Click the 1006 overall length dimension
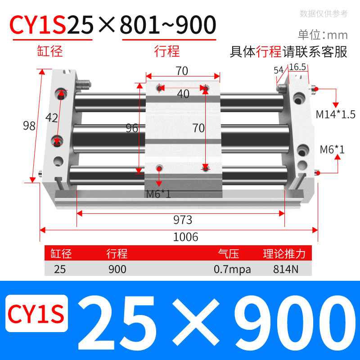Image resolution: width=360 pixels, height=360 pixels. pyautogui.click(x=186, y=237)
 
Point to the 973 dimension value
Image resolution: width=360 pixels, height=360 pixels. pyautogui.click(x=183, y=220)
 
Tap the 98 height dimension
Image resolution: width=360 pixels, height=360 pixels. pyautogui.click(x=29, y=126)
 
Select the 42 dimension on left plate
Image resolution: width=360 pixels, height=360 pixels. pyautogui.click(x=52, y=118)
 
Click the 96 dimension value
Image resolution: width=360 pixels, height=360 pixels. pyautogui.click(x=132, y=128)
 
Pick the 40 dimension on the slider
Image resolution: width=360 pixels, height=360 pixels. pyautogui.click(x=183, y=94)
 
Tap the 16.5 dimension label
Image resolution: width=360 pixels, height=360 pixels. pyautogui.click(x=297, y=67)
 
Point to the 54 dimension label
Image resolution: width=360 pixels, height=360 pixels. pyautogui.click(x=278, y=70)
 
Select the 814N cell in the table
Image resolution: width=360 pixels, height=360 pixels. pyautogui.click(x=284, y=269)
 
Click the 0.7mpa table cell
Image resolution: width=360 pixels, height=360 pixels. pyautogui.click(x=232, y=269)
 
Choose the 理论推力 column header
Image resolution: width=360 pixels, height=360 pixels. pyautogui.click(x=284, y=254)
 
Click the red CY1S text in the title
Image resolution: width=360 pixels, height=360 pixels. pyautogui.click(x=38, y=25)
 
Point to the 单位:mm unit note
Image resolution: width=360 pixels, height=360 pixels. pyautogui.click(x=323, y=35)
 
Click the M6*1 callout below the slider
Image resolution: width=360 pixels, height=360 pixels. pyautogui.click(x=158, y=194)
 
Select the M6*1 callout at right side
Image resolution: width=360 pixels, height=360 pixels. pyautogui.click(x=332, y=149)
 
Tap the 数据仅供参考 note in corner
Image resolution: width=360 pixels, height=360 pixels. pyautogui.click(x=324, y=13)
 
